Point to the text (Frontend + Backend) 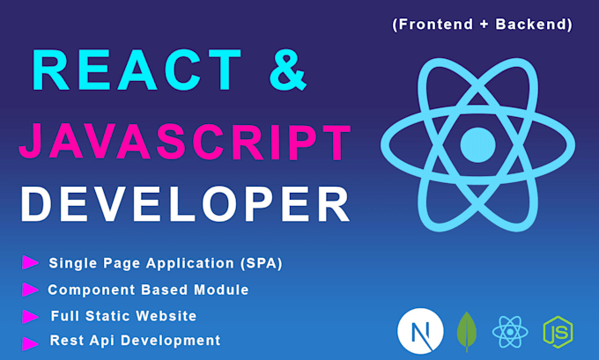tap(482, 25)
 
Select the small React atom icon tap(510, 332)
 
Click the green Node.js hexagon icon tap(557, 332)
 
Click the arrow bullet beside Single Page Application tap(30, 262)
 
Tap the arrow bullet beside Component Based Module tap(30, 289)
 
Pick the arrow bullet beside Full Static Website tap(30, 315)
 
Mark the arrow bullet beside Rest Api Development tap(30, 342)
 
